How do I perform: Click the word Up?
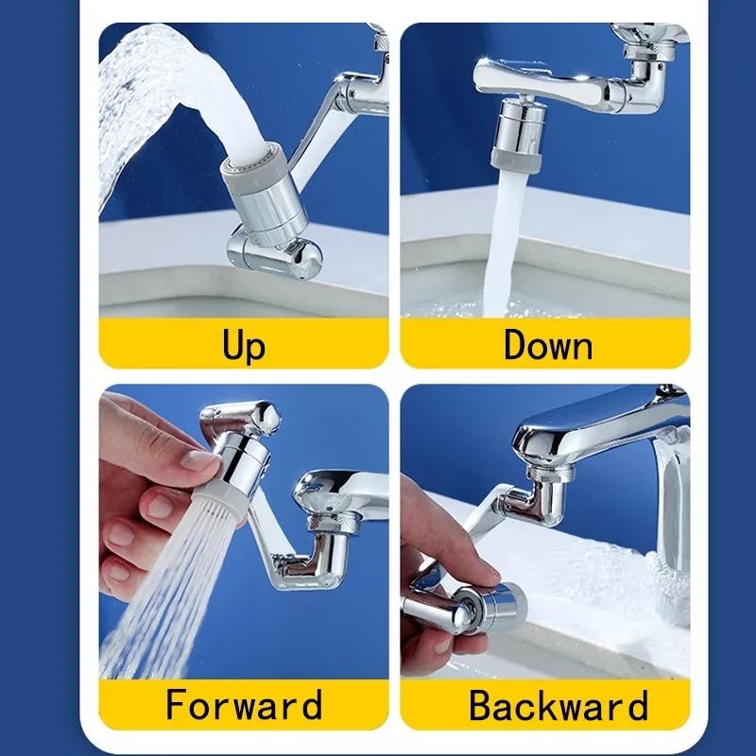244,344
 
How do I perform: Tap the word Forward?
244,705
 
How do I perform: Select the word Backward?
558,705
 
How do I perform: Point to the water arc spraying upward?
142,94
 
